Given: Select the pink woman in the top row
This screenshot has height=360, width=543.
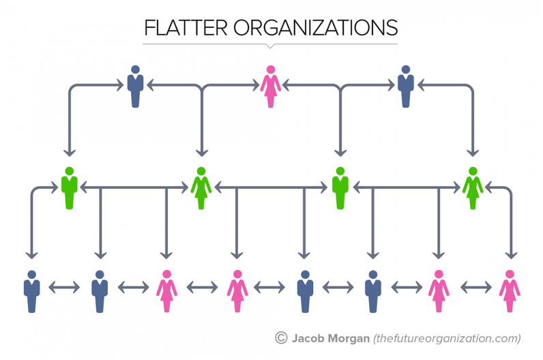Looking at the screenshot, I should (x=271, y=87).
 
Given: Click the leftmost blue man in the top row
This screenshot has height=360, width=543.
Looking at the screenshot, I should (x=135, y=87).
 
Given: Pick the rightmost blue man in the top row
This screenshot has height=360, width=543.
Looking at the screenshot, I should (x=407, y=87).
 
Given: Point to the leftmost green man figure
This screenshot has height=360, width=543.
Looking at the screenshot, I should (x=69, y=188).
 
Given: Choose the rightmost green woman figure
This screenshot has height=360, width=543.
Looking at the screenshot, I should (x=473, y=188).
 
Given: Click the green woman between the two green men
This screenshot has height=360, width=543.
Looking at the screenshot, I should (x=201, y=188).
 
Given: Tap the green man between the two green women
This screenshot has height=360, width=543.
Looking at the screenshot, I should (x=340, y=188).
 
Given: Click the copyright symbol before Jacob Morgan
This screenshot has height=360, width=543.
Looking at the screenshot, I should (x=280, y=337).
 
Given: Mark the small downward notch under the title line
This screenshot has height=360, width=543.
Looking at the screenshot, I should (x=271, y=46).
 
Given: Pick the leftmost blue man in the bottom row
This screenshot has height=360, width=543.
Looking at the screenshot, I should (x=31, y=291).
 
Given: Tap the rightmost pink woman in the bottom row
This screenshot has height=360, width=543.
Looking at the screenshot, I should (x=509, y=291).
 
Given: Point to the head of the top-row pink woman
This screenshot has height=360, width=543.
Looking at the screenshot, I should (x=271, y=69).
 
